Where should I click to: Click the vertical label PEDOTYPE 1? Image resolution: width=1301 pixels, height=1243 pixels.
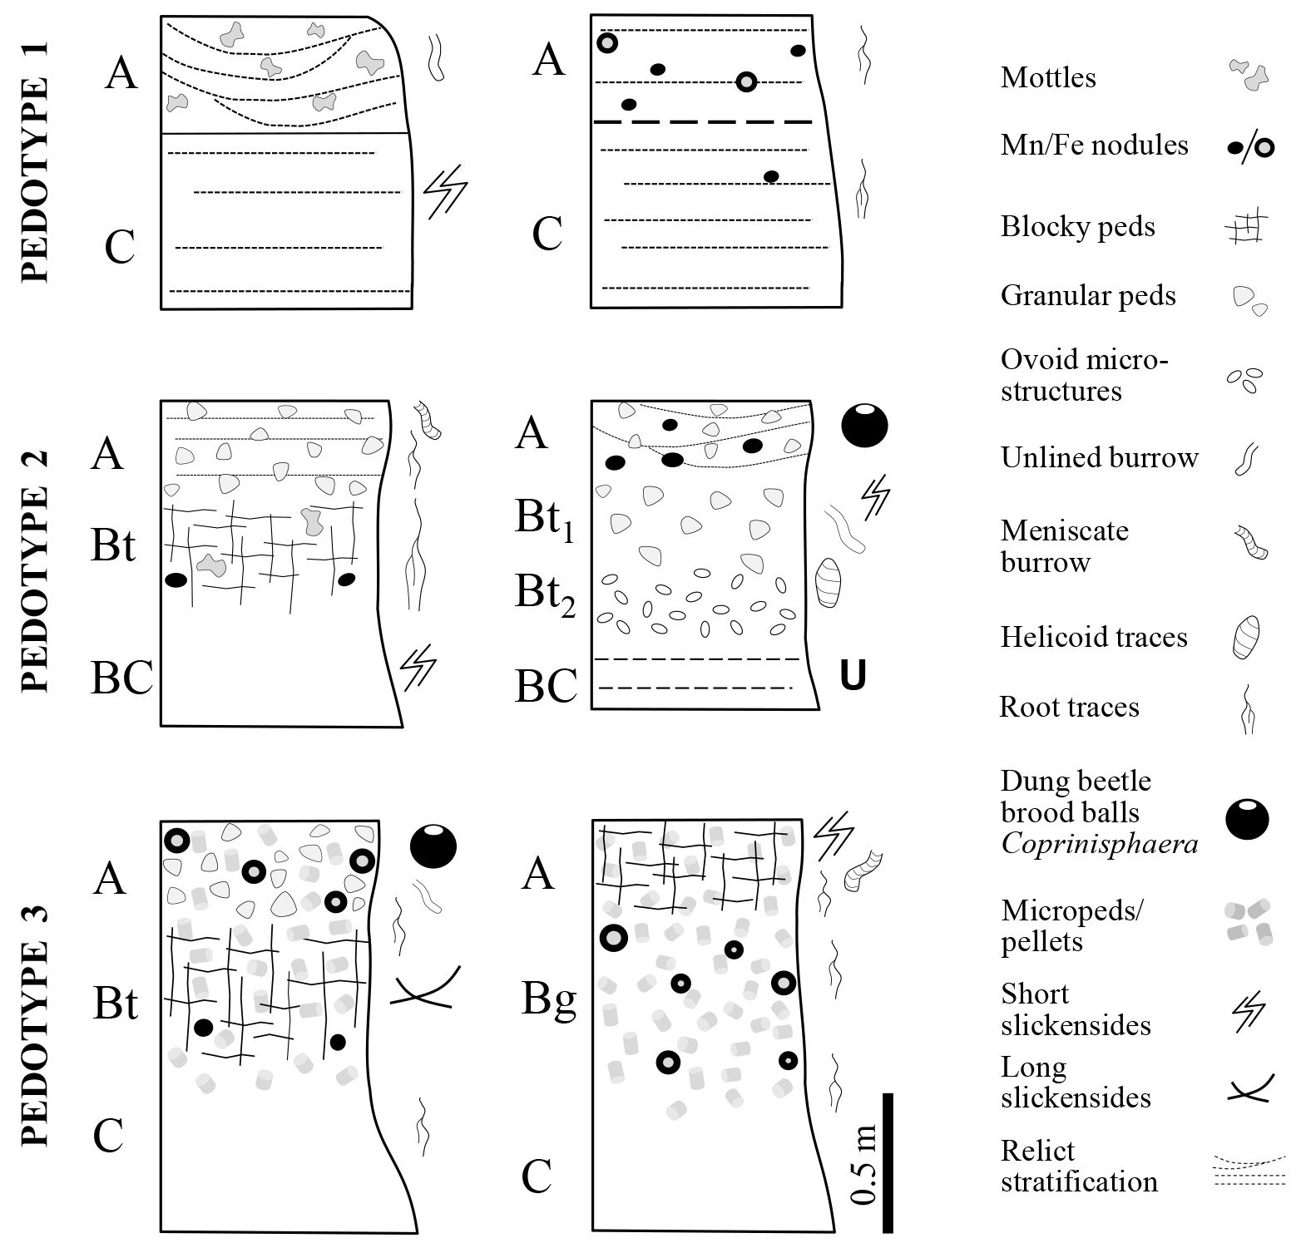point(34,162)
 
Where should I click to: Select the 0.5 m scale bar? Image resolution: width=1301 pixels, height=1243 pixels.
point(887,1162)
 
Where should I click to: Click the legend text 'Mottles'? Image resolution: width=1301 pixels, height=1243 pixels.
point(1048,78)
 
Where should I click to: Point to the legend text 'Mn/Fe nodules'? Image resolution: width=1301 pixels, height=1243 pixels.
point(1094,146)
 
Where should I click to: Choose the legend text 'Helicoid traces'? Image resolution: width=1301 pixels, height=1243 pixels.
point(1093,638)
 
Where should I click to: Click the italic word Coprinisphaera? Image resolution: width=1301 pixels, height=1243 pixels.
point(1099,845)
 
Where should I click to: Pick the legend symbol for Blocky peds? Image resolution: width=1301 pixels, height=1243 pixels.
point(1248,226)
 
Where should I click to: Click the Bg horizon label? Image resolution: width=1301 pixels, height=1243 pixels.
point(549,1000)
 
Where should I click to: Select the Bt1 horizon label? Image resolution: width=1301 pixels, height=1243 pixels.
point(545,519)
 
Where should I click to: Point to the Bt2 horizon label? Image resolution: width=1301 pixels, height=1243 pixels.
point(545,594)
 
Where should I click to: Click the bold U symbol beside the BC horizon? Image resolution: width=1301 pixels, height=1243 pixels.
point(853,676)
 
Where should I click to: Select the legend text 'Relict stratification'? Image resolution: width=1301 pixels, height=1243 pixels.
point(1079,1167)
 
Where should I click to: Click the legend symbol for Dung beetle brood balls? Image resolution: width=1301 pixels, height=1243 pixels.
point(1247,818)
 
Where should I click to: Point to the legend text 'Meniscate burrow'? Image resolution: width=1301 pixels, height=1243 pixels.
point(1064,546)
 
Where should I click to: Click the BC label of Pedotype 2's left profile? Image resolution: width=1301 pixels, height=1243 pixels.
point(121,678)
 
